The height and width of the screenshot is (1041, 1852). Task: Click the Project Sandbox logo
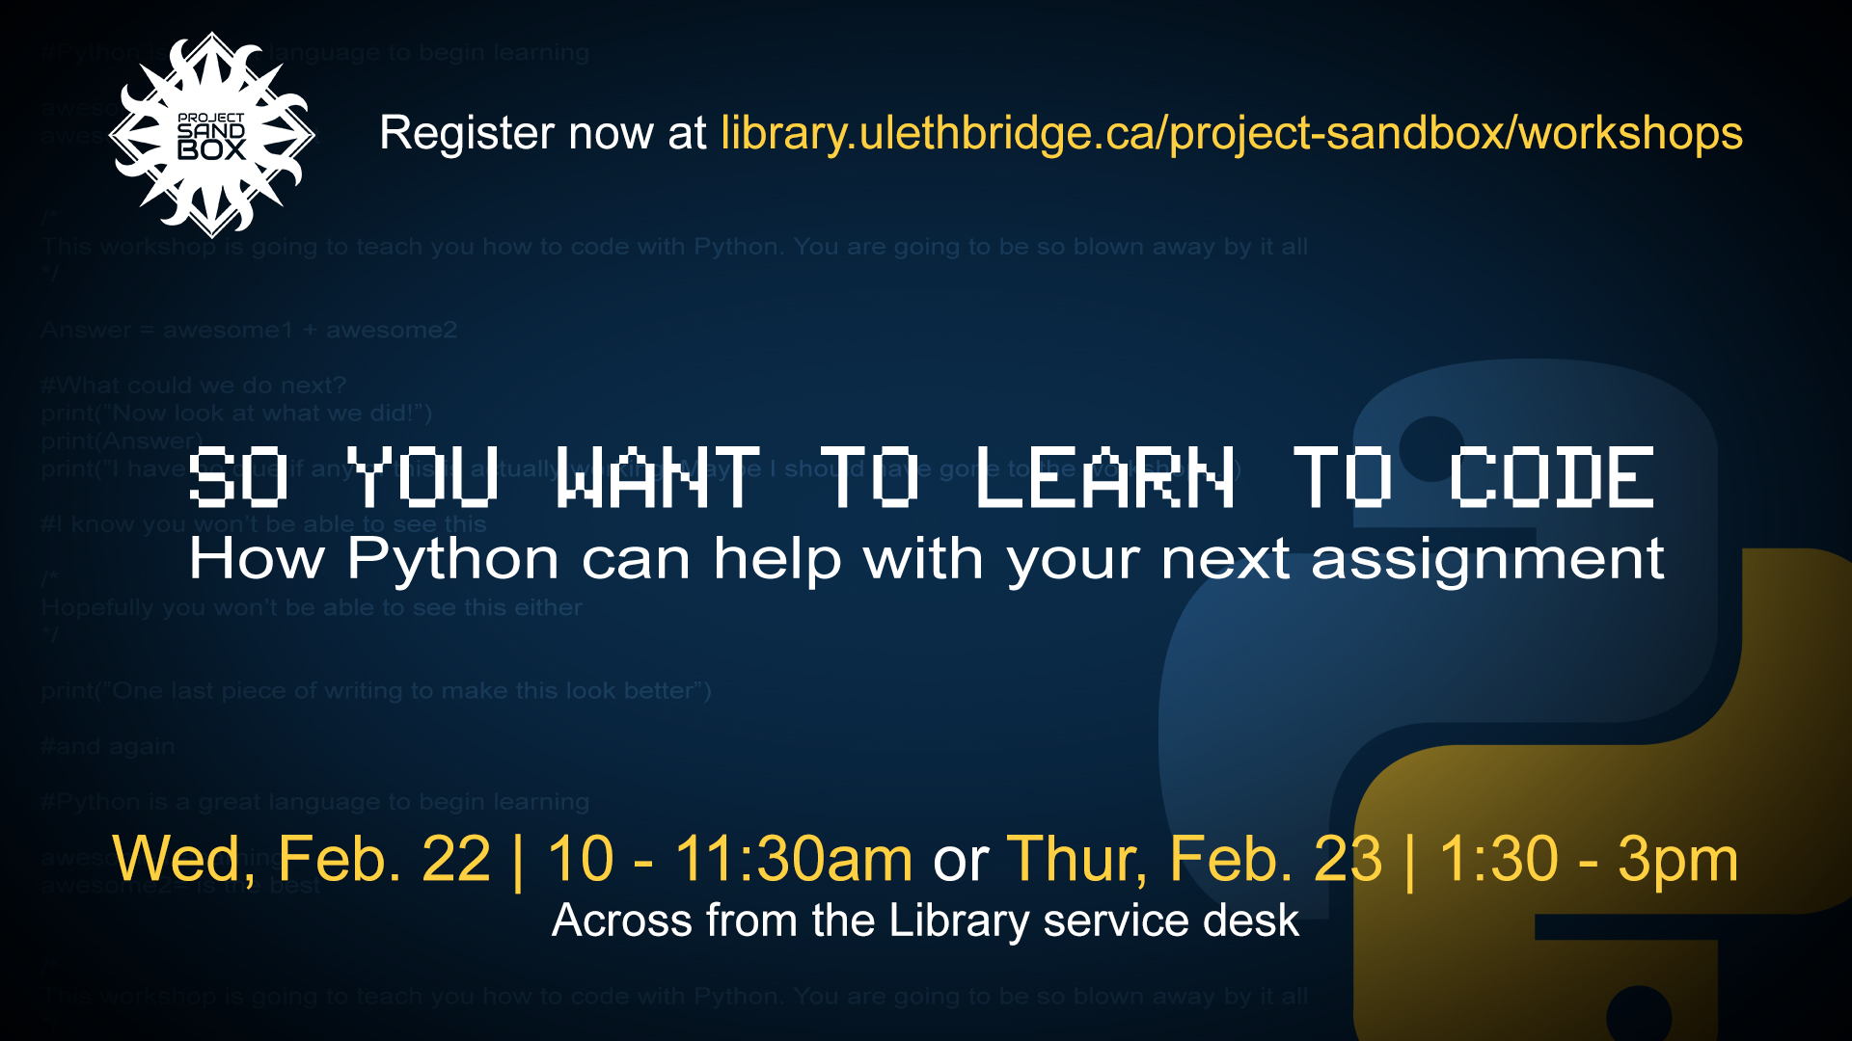[x=212, y=135]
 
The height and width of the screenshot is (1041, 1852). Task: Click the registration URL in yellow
[x=1232, y=133]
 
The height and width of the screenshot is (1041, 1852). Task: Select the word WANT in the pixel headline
[x=659, y=477]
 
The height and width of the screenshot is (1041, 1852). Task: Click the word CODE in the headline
[x=1552, y=477]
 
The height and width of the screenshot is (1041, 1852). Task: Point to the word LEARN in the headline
[x=1105, y=477]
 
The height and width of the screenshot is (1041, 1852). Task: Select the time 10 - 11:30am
[x=729, y=858]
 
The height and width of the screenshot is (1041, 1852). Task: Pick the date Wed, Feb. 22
[x=302, y=858]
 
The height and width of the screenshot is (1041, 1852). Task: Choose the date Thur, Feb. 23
[x=1194, y=858]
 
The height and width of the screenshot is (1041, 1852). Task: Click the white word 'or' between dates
[x=960, y=858]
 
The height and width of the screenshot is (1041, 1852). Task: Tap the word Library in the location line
[x=960, y=921]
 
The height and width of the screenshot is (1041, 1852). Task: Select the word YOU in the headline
[x=422, y=477]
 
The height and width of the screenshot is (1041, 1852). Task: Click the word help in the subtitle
[x=777, y=560]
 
